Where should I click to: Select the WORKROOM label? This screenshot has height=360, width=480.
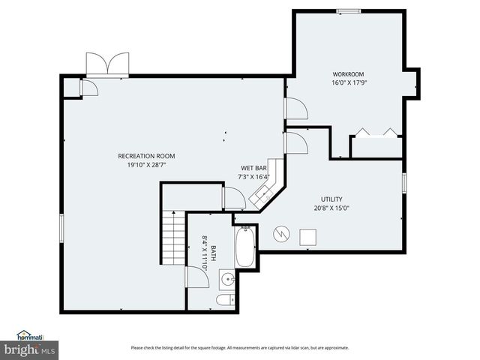point(348,74)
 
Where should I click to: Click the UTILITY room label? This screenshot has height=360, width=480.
point(331,199)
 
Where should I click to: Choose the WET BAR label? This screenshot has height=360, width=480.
point(253,168)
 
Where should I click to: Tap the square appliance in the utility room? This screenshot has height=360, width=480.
point(307,236)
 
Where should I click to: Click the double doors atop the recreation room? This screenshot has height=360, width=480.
point(107,64)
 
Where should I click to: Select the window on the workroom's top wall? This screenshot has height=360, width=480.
point(347,10)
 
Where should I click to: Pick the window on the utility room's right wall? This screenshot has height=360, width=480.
point(403,182)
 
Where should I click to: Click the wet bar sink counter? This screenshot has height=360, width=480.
point(264,194)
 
